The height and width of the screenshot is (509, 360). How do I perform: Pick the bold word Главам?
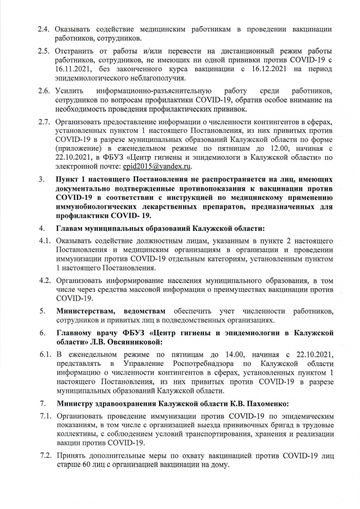click(x=72, y=229)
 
